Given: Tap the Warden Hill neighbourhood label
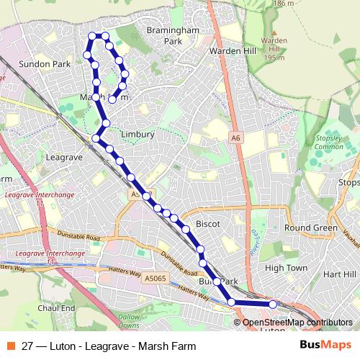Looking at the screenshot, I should (x=232, y=52).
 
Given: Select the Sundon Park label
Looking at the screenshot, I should (x=44, y=64).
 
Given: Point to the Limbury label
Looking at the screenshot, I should (x=138, y=134).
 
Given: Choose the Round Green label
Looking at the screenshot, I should (x=311, y=228).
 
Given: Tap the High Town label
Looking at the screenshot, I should (x=286, y=268).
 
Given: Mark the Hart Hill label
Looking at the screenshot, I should (x=340, y=274).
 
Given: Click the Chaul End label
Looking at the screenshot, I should (x=56, y=308).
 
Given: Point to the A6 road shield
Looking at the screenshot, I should (x=235, y=137).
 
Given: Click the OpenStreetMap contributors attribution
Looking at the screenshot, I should (x=293, y=323).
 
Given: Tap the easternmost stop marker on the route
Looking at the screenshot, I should (x=273, y=305).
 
